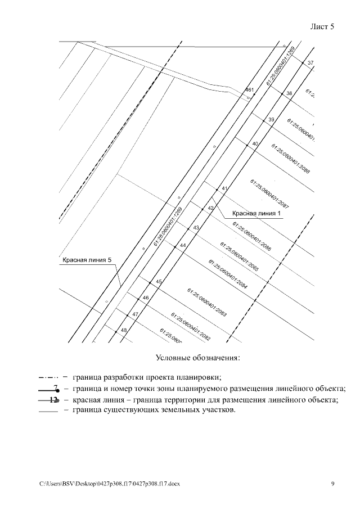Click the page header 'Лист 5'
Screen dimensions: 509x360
322,27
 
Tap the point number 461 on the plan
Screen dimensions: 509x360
250,90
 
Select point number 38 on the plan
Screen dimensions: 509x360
289,93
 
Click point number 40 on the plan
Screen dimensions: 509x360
255,144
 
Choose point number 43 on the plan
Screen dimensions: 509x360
196,228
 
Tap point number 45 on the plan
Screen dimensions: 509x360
159,282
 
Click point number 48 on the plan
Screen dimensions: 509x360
124,330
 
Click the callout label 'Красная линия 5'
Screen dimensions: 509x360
87,260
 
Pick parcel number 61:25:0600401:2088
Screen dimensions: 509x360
290,159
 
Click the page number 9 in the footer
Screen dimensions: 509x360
332,483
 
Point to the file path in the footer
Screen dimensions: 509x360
109,484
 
